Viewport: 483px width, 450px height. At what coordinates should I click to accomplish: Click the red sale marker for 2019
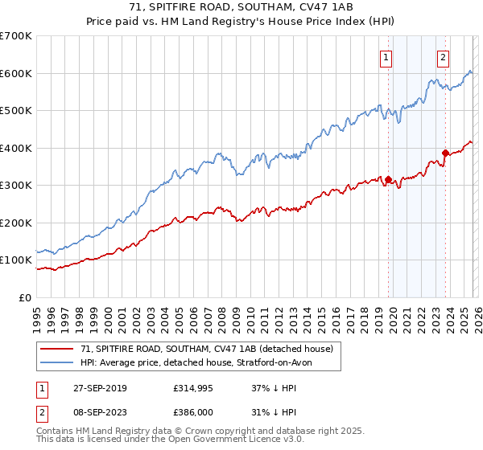click(x=388, y=180)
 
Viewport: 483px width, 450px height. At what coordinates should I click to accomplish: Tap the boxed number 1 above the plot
click(x=386, y=57)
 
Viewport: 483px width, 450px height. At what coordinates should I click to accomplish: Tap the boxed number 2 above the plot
click(x=444, y=57)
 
